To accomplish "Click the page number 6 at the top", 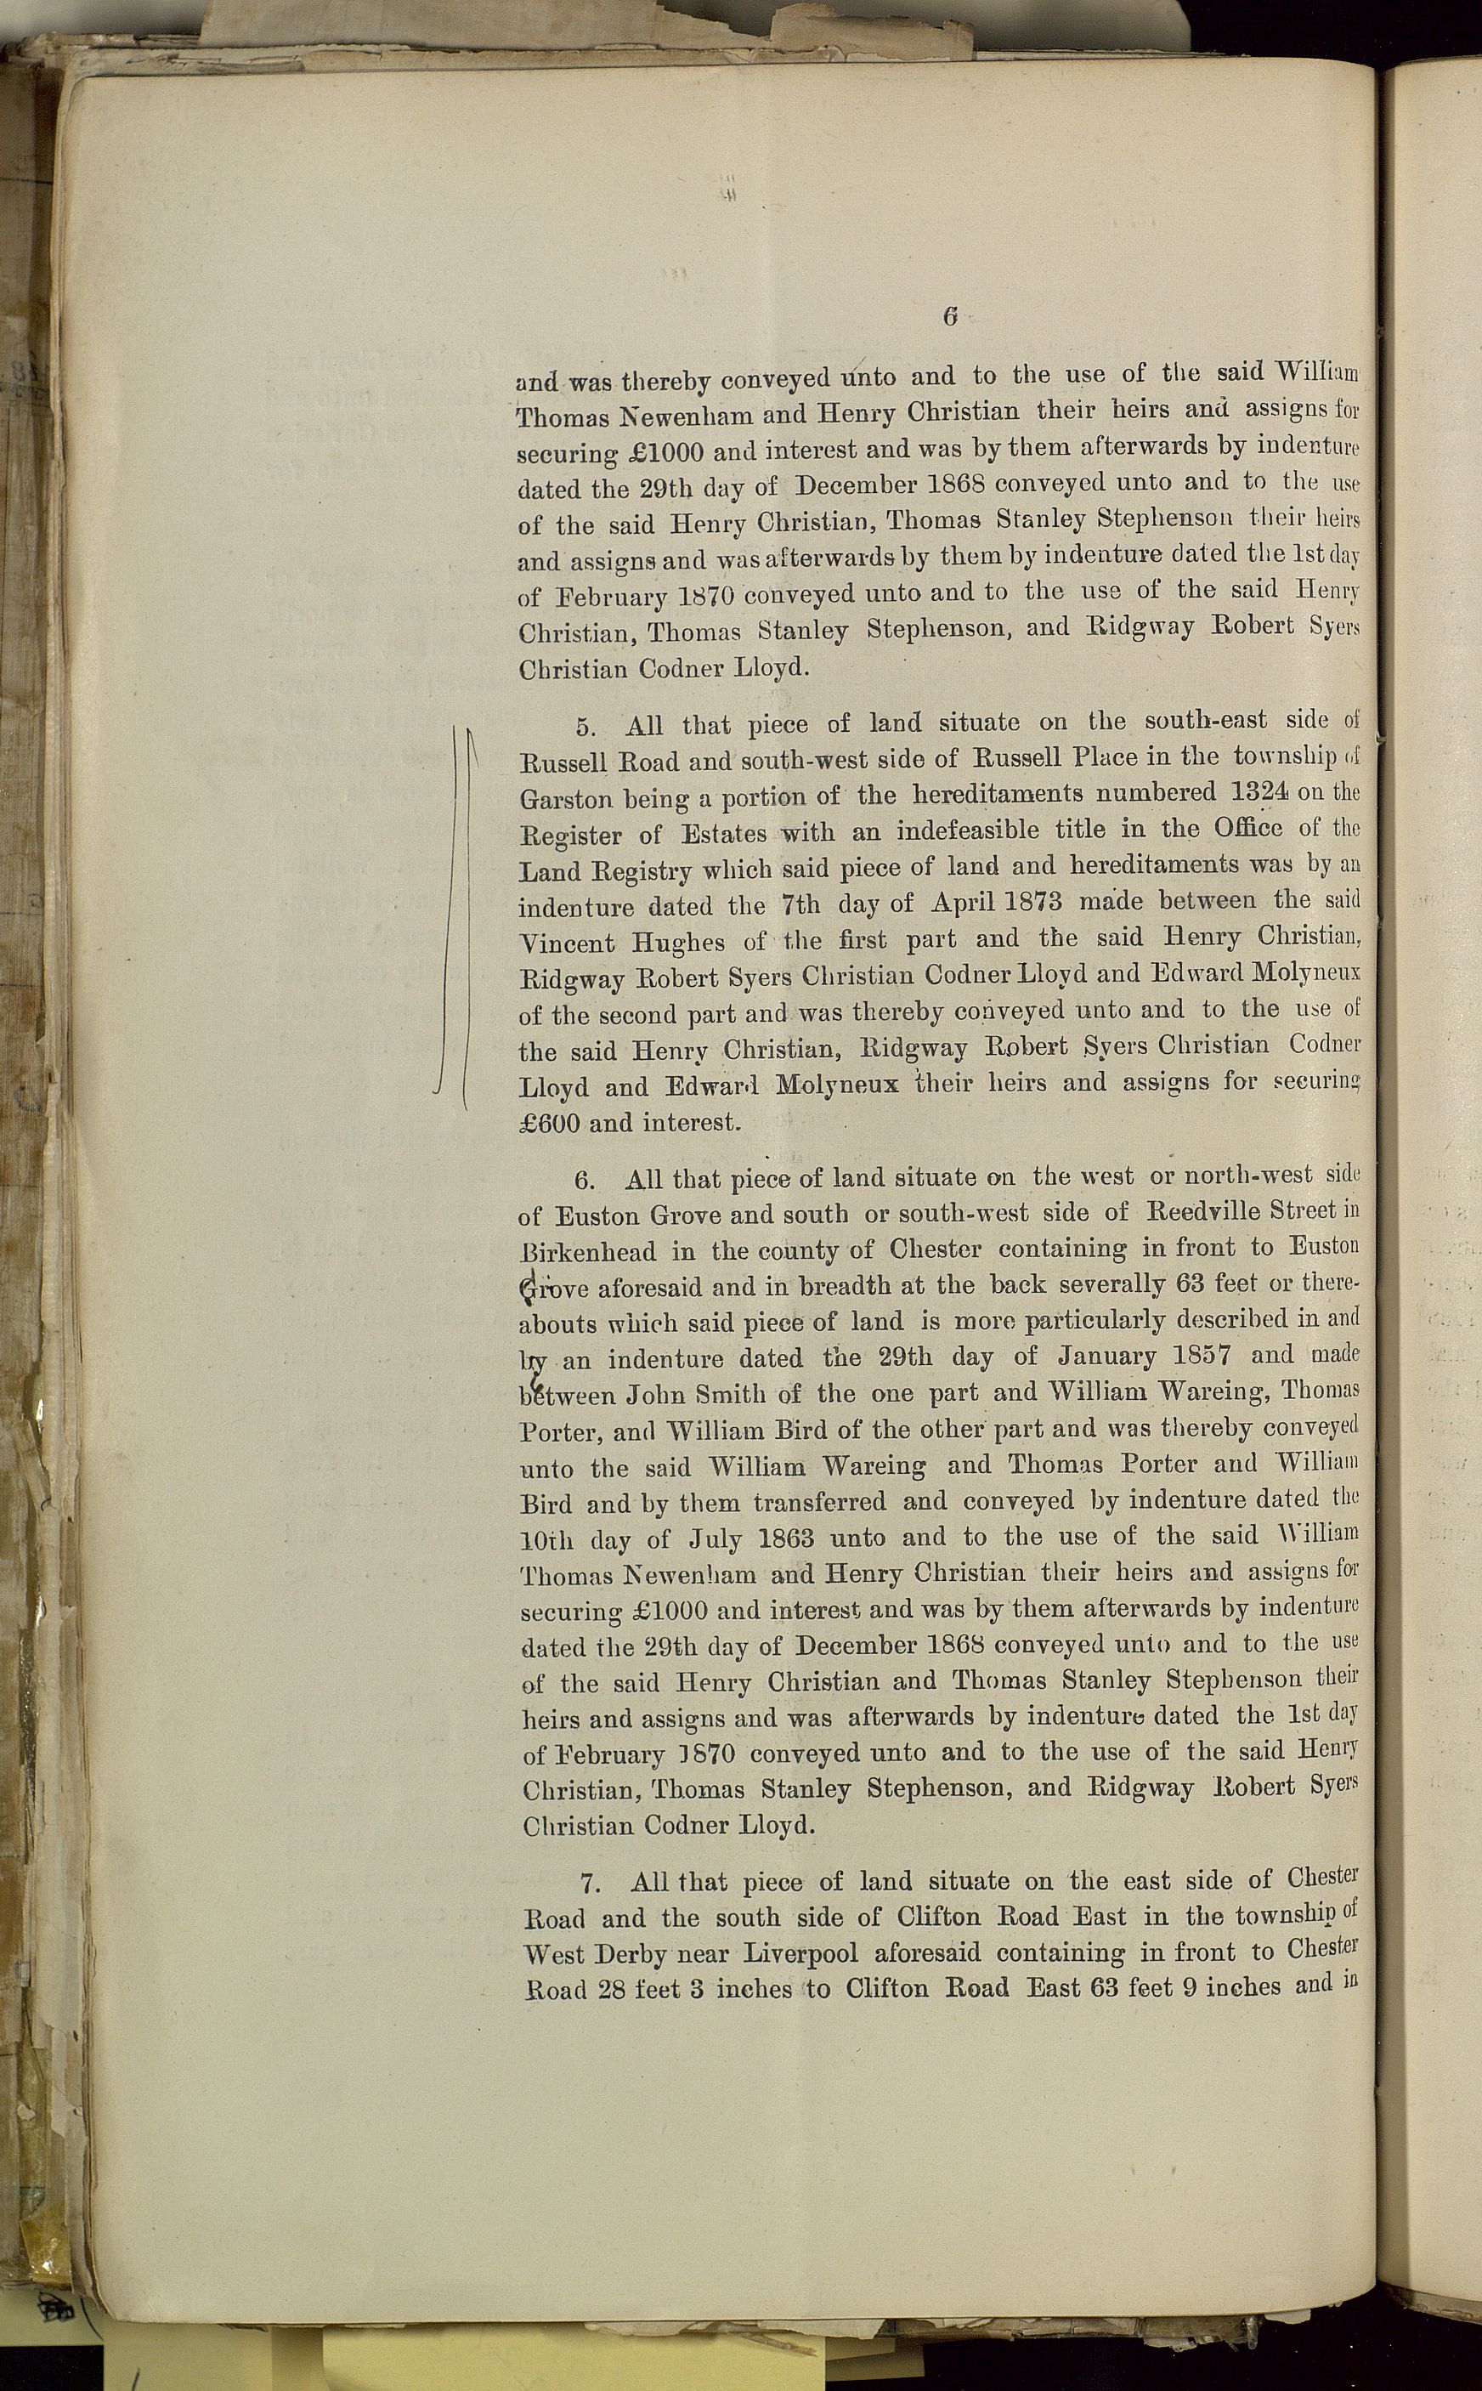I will point(949,317).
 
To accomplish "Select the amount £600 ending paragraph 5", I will point(550,1124).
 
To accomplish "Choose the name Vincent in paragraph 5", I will point(566,943).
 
